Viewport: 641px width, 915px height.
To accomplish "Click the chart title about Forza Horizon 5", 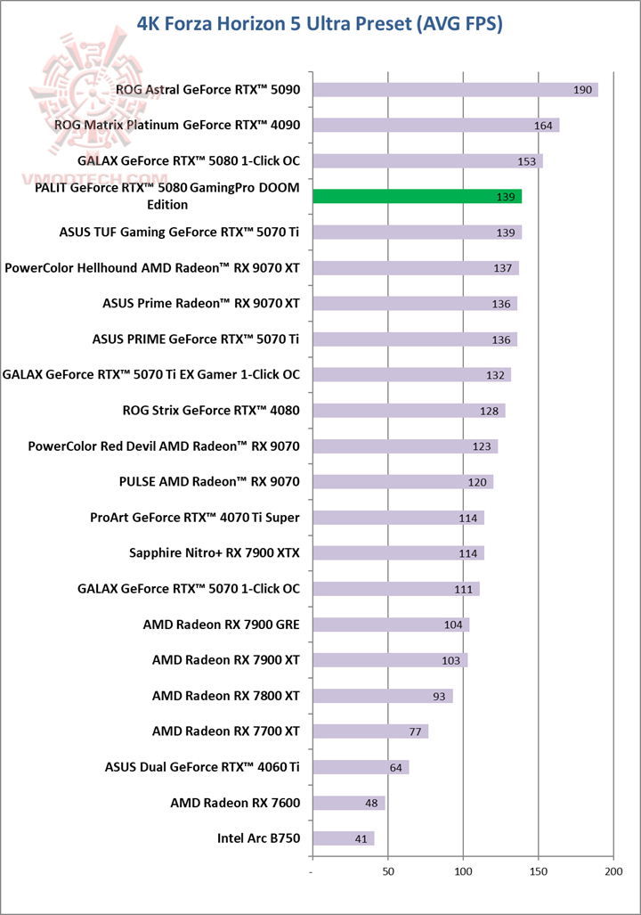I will click(x=320, y=24).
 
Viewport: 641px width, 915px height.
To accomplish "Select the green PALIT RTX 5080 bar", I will click(x=417, y=197).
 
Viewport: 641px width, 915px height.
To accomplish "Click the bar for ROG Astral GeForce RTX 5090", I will click(x=455, y=90).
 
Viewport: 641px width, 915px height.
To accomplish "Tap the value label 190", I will click(x=583, y=90).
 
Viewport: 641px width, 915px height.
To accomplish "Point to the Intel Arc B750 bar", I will click(x=343, y=838).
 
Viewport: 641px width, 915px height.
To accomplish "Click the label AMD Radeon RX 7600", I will click(x=235, y=803).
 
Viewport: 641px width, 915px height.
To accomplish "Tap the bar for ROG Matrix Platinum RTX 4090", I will click(x=435, y=126).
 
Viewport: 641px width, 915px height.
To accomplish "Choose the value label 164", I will click(x=544, y=126).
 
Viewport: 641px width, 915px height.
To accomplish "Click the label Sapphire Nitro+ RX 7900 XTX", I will click(x=215, y=553).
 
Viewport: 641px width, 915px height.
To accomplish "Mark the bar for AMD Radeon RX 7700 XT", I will click(x=370, y=731).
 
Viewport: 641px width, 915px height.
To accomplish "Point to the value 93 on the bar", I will click(x=440, y=696).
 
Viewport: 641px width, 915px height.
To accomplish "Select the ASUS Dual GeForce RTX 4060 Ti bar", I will click(x=361, y=767).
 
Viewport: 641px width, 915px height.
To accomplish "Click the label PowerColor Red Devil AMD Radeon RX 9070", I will click(x=164, y=446).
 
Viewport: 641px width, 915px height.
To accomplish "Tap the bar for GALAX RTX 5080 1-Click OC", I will click(x=427, y=161).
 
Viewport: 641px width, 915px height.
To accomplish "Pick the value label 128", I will click(x=490, y=411).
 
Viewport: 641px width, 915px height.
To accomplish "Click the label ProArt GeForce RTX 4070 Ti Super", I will click(x=195, y=518).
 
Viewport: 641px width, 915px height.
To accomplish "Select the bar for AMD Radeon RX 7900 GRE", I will click(x=391, y=625).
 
